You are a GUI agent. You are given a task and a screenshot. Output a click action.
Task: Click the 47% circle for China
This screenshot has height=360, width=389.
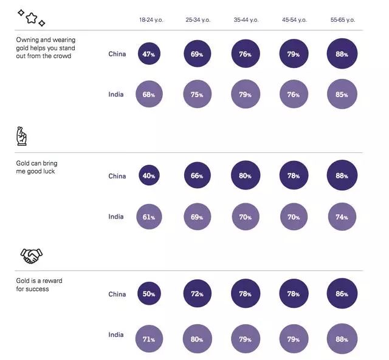pos(149,54)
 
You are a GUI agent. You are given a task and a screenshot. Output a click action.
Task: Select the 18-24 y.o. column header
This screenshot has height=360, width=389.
pos(150,20)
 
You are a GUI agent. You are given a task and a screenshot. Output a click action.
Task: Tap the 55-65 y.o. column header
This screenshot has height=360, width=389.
pos(342,20)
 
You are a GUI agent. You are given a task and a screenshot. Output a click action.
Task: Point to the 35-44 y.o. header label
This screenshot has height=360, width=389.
pos(246,20)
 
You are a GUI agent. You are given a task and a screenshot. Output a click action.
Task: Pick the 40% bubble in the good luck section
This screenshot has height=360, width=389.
pos(149,176)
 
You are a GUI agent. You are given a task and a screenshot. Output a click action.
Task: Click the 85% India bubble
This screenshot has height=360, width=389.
pos(342,95)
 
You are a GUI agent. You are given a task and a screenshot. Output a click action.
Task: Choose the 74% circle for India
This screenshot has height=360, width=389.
pos(342,217)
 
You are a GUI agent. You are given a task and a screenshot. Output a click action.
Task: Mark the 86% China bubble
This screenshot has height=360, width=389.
pos(342,294)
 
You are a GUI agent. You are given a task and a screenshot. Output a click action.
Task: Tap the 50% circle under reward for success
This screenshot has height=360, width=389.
pos(149,294)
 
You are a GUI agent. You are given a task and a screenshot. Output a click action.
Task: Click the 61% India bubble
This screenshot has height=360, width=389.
pos(149,217)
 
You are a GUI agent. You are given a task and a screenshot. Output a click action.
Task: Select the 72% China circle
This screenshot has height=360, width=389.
pos(197,294)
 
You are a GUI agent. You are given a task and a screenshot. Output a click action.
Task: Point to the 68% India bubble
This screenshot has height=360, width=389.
pos(149,95)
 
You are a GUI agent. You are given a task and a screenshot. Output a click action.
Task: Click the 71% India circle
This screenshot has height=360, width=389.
pos(149,339)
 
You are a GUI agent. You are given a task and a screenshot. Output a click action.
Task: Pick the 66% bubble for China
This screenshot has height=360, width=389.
pos(197,176)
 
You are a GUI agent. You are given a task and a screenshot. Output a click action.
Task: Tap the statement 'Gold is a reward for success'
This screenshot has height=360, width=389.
pos(39,285)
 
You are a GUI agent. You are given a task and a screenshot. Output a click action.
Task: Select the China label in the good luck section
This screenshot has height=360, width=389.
pos(117,177)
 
